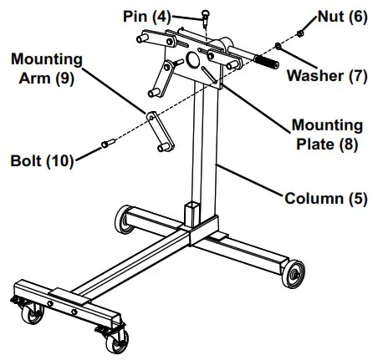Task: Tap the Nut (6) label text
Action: pos(341,17)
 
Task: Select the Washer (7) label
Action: pos(327,75)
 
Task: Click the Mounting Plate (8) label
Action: pos(327,134)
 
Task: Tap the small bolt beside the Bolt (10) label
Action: pos(106,145)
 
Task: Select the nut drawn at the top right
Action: pos(299,33)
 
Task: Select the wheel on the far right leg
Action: pos(295,273)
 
